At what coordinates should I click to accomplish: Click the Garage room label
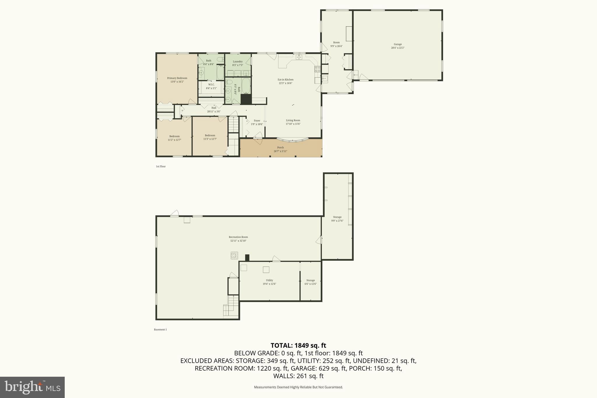pyautogui.click(x=398, y=44)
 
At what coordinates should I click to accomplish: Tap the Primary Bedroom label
pyautogui.click(x=177, y=78)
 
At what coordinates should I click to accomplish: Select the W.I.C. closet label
pyautogui.click(x=211, y=85)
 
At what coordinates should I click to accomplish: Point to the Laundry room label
pyautogui.click(x=238, y=62)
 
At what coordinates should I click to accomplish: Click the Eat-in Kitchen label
pyautogui.click(x=285, y=80)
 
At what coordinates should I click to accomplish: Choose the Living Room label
pyautogui.click(x=293, y=120)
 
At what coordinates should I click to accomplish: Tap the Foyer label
pyautogui.click(x=257, y=121)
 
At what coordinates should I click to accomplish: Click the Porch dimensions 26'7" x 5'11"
pyautogui.click(x=280, y=151)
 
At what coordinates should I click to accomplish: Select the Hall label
pyautogui.click(x=214, y=108)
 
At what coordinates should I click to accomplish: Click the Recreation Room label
pyautogui.click(x=238, y=237)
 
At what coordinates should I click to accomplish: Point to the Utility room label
pyautogui.click(x=269, y=280)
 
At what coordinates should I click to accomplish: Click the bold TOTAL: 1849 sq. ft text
pyautogui.click(x=298, y=346)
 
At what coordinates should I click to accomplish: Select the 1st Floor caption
pyautogui.click(x=161, y=166)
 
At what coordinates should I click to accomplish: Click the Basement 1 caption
pyautogui.click(x=160, y=329)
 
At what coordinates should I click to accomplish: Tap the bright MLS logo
pyautogui.click(x=32, y=387)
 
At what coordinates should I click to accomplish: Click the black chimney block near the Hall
pyautogui.click(x=246, y=99)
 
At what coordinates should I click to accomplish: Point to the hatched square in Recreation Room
pyautogui.click(x=234, y=255)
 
